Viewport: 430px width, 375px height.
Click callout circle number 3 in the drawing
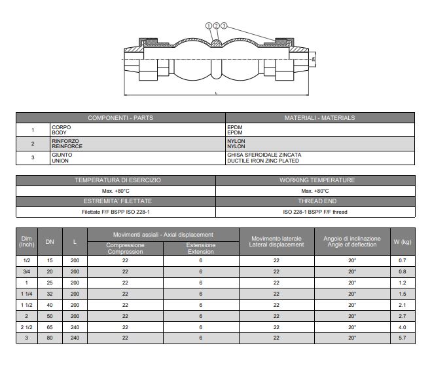pyautogui.click(x=224, y=26)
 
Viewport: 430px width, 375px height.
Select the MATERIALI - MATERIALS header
pyautogui.click(x=319, y=118)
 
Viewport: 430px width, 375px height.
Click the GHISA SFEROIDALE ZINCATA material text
pyautogui.click(x=263, y=155)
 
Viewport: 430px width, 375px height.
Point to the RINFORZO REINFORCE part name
pyautogui.click(x=67, y=144)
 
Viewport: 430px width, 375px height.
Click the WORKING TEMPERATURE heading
pyautogui.click(x=317, y=180)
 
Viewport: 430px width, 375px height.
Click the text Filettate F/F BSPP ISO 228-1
pyautogui.click(x=116, y=212)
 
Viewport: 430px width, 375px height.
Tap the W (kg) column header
pyautogui.click(x=402, y=242)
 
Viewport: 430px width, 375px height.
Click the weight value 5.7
pyautogui.click(x=402, y=338)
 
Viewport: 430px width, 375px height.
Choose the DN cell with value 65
pyautogui.click(x=50, y=327)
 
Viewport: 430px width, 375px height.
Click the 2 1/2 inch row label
pyautogui.click(x=27, y=327)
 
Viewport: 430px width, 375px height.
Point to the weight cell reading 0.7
pyautogui.click(x=402, y=260)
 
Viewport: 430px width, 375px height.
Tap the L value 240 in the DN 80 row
pyautogui.click(x=75, y=338)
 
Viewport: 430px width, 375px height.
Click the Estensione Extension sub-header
pyautogui.click(x=200, y=248)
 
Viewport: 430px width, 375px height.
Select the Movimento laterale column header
pyautogui.click(x=276, y=241)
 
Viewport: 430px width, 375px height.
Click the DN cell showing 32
pyautogui.click(x=50, y=294)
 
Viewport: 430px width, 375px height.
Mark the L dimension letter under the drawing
pyautogui.click(x=216, y=94)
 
